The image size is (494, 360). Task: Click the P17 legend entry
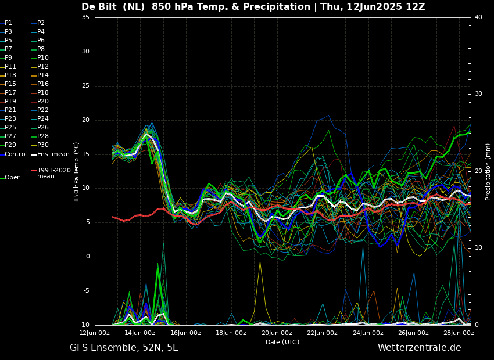tap(8, 92)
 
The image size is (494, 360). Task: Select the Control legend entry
tap(13, 154)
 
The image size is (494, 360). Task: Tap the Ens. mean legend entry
tap(50, 154)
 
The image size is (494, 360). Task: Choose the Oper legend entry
tap(10, 178)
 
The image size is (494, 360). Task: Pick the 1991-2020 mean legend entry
tap(51, 173)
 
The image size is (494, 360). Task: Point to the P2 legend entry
tap(38, 23)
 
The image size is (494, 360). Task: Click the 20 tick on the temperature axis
tap(85, 120)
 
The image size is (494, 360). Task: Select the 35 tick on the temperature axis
tap(85, 17)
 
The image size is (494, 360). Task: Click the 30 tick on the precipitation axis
tap(478, 94)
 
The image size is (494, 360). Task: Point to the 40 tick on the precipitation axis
tap(478, 17)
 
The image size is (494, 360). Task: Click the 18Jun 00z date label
tap(231, 333)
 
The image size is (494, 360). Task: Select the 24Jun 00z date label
tap(368, 333)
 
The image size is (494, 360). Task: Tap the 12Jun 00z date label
tap(95, 333)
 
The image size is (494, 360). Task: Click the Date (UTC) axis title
tap(282, 342)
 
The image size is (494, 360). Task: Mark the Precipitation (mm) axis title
tap(488, 171)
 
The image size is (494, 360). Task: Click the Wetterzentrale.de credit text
tap(420, 348)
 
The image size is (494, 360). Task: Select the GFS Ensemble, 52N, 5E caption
tap(124, 348)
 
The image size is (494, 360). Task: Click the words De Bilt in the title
tap(99, 6)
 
